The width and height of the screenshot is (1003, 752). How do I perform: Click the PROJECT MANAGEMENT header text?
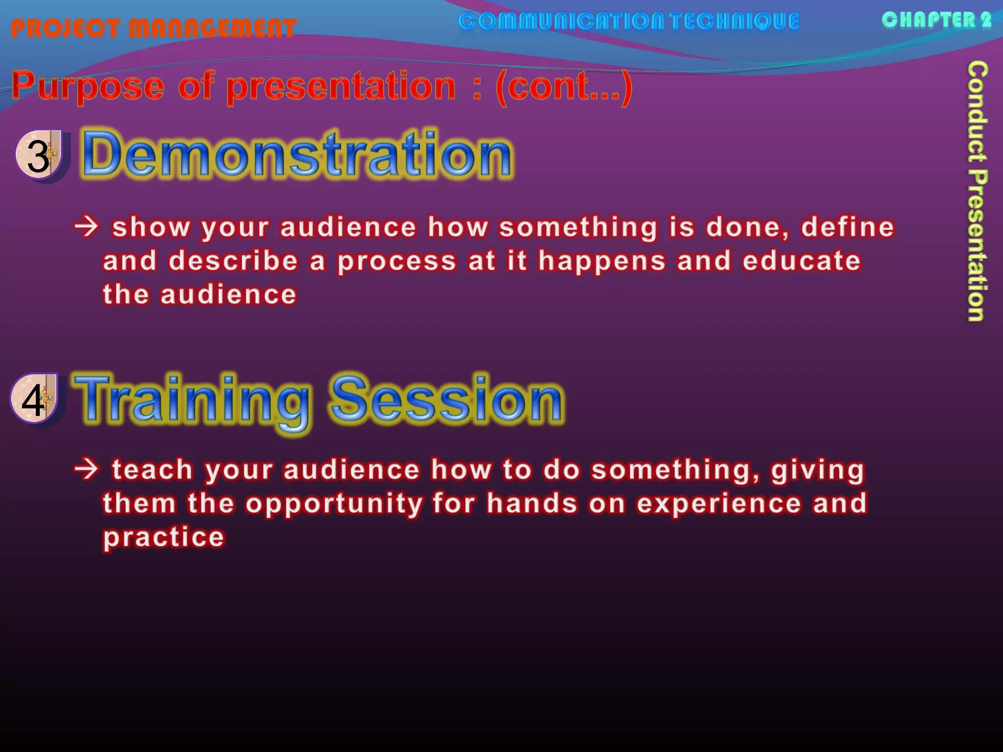(153, 28)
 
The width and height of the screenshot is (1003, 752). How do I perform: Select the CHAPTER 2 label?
(936, 20)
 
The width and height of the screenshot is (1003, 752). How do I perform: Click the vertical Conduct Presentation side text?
(977, 191)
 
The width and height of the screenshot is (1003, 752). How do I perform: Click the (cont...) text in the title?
(564, 87)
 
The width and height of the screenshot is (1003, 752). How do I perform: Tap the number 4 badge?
(34, 399)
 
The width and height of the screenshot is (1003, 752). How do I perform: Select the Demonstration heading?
(297, 155)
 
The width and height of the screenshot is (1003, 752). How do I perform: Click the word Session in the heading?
(447, 399)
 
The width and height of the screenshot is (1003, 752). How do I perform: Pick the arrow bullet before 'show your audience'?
(87, 227)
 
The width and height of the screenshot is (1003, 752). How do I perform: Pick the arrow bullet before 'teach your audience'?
(87, 469)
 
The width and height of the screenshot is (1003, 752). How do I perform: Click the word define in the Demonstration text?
(847, 227)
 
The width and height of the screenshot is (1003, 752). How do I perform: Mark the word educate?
(801, 260)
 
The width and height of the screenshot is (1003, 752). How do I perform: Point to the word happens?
(602, 261)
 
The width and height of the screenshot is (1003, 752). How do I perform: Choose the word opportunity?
(334, 504)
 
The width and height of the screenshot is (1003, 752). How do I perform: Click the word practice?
(164, 538)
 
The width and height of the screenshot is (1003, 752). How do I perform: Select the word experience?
(718, 504)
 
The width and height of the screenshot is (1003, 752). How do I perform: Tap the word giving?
(817, 470)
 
